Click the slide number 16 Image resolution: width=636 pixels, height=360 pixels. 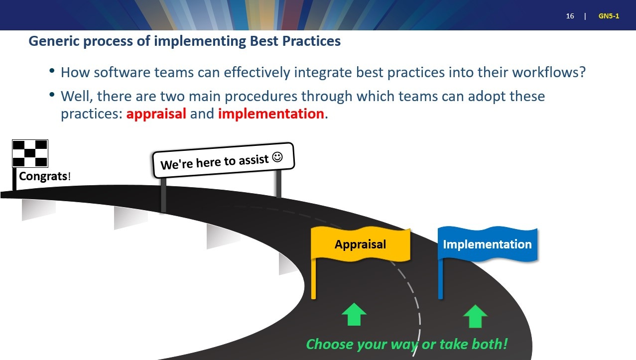click(x=570, y=16)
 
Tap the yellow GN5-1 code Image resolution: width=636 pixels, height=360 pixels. click(x=609, y=16)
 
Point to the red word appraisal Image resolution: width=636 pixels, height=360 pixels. click(x=156, y=114)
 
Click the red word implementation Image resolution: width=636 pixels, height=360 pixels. click(x=271, y=114)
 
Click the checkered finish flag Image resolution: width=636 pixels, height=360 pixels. click(x=30, y=153)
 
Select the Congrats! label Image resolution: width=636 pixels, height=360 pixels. click(x=45, y=176)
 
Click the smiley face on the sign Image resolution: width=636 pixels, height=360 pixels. click(x=277, y=157)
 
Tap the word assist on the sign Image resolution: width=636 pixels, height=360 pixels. click(x=254, y=160)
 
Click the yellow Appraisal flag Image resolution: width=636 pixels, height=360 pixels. click(x=361, y=244)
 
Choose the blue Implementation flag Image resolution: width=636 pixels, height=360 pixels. click(x=488, y=244)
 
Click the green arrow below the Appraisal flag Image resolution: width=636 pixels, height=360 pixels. click(x=354, y=314)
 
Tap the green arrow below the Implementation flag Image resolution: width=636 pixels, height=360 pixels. click(x=475, y=316)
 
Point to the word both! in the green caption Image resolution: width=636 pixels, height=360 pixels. click(x=490, y=344)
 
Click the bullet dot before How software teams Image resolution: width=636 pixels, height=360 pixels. click(x=52, y=70)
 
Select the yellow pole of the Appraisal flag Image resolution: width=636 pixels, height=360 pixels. click(x=313, y=278)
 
